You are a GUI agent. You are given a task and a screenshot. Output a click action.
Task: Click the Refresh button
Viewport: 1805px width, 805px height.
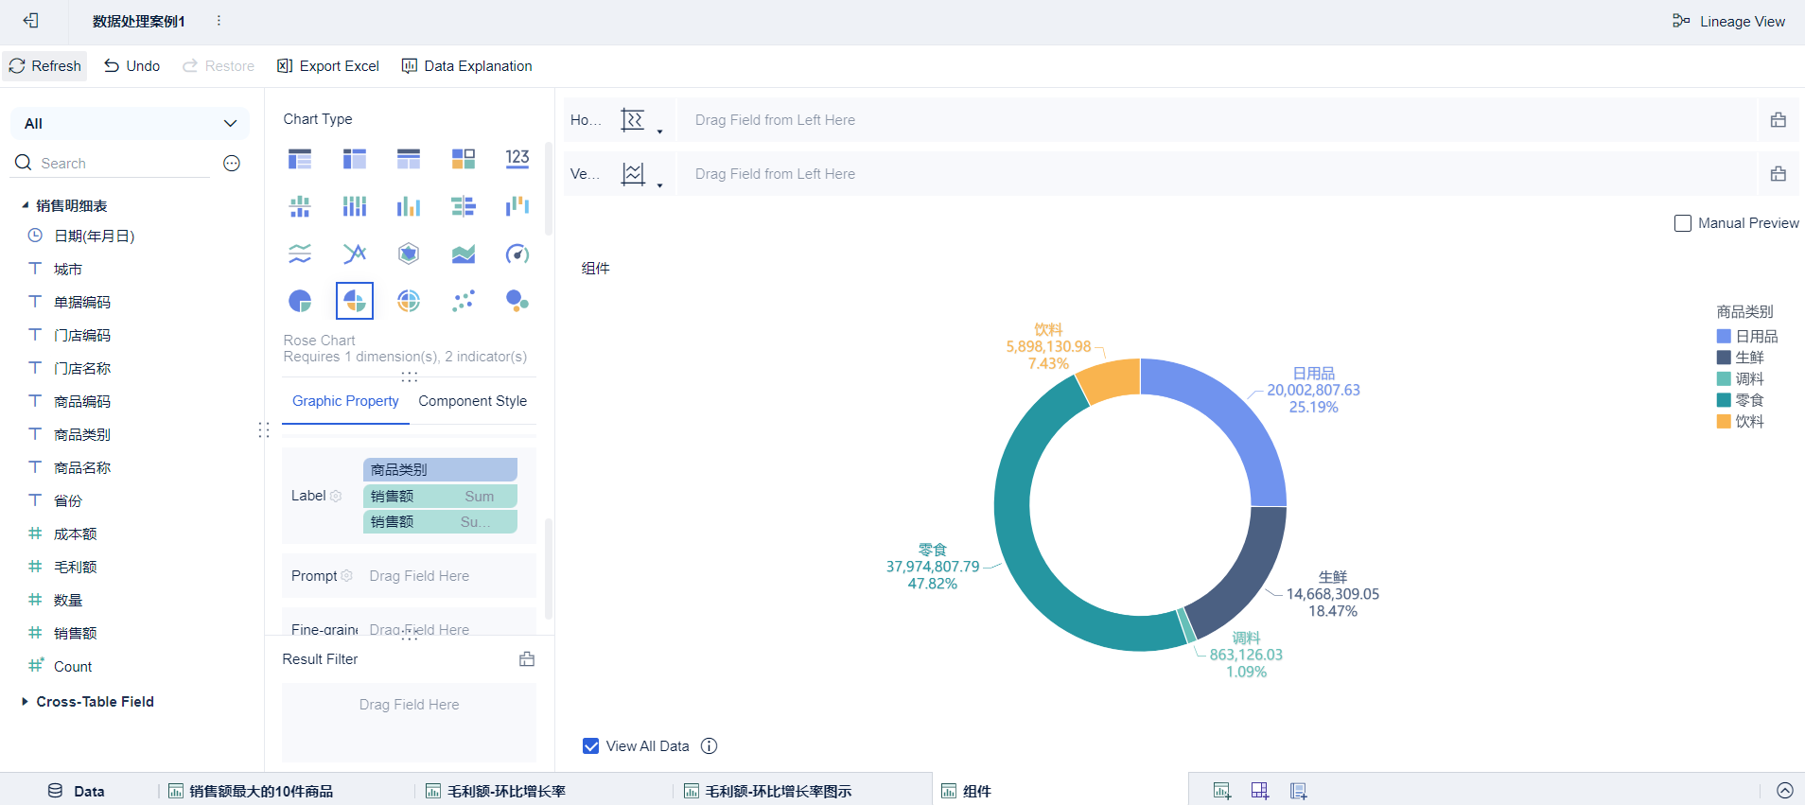[45, 66]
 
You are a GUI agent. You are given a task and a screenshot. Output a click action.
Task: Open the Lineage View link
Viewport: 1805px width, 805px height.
[1729, 22]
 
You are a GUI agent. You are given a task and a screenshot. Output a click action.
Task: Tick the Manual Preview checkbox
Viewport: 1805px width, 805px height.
[1683, 223]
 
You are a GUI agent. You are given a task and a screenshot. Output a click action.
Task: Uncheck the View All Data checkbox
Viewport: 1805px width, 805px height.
[591, 746]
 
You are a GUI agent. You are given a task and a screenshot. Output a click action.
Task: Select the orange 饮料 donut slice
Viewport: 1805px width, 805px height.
[1110, 380]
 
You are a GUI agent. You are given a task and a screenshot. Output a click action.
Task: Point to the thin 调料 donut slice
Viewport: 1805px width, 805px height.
[1185, 626]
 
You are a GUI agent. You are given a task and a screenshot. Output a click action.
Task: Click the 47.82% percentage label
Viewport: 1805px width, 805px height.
[932, 585]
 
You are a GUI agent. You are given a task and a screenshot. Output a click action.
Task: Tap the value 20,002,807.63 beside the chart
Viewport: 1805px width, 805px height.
[1313, 391]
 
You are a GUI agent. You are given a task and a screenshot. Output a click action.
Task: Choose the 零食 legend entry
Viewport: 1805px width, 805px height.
[1748, 400]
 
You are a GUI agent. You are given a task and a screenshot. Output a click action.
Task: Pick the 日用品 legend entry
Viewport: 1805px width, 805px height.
[1756, 337]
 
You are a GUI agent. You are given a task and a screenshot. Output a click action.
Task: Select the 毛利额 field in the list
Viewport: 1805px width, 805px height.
[76, 568]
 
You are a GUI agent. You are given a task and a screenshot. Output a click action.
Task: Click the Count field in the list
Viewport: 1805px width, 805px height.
[73, 667]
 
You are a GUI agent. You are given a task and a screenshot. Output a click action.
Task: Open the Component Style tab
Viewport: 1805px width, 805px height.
[472, 401]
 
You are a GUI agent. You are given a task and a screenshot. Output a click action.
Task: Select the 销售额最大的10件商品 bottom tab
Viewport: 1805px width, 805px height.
[260, 791]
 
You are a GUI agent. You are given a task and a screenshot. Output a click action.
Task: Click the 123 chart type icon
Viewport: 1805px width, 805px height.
[517, 159]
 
